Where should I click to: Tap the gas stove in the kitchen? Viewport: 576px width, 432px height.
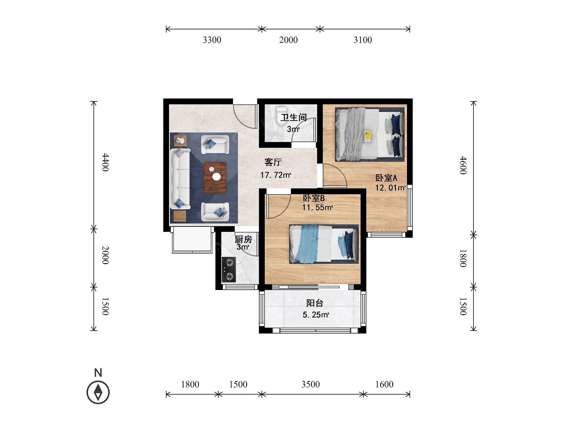click(x=229, y=270)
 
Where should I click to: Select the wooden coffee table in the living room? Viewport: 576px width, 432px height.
click(x=215, y=178)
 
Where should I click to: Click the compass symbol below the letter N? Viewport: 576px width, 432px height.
click(x=98, y=392)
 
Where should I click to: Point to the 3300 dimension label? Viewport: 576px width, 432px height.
click(x=212, y=40)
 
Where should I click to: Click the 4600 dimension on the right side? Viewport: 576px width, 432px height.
click(x=463, y=165)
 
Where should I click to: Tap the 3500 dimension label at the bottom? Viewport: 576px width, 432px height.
click(x=310, y=384)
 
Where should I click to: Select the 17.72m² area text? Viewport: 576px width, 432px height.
click(x=276, y=175)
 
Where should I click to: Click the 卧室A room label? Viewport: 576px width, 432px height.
click(x=386, y=178)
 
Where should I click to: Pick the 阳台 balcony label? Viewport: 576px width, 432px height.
click(x=315, y=303)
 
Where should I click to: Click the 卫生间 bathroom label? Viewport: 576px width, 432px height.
click(x=294, y=118)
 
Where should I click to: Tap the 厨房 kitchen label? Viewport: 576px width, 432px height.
click(x=243, y=239)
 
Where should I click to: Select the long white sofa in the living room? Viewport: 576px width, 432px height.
click(x=180, y=179)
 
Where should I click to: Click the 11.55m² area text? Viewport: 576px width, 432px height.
click(x=317, y=207)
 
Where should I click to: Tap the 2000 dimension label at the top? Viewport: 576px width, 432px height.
click(x=289, y=40)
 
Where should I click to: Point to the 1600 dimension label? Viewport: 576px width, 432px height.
click(x=384, y=384)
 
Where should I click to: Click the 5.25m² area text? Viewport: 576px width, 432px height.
click(x=316, y=315)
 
